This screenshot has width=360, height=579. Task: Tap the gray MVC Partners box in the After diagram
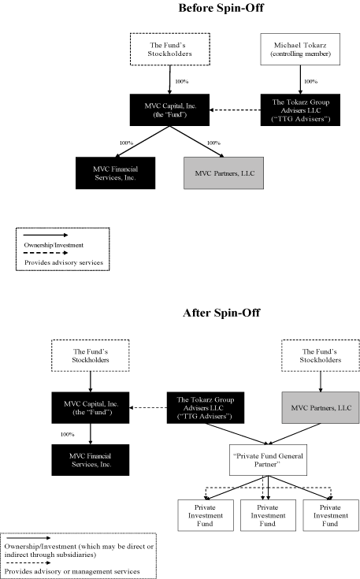pos(319,407)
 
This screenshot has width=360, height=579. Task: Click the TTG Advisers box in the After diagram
pos(206,407)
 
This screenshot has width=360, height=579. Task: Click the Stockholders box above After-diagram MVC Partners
pos(319,354)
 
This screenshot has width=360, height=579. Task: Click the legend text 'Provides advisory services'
pos(58,260)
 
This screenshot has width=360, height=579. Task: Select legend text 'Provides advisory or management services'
pos(72,570)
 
